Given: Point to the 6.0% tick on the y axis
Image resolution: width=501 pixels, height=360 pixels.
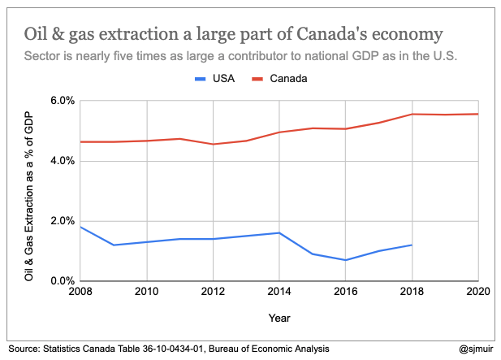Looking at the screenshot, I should point(62,101).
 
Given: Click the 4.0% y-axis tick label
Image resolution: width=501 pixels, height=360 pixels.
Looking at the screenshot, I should point(62,161).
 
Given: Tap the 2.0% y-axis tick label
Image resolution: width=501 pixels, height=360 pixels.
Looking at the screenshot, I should point(62,221).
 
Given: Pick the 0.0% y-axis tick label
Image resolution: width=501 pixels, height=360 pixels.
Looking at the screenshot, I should point(62,281).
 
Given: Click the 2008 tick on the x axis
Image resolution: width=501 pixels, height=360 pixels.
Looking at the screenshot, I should point(80,291).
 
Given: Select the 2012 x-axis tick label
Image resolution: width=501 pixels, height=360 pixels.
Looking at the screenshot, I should point(213,291).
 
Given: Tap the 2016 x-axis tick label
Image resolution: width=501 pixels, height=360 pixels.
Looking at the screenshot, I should point(345,291).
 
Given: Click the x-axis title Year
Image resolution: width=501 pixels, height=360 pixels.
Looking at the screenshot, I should point(279,318).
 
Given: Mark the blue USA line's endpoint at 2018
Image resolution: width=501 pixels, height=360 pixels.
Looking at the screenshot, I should point(412,245).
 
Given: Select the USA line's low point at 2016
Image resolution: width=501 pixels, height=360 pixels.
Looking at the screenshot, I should point(345,260).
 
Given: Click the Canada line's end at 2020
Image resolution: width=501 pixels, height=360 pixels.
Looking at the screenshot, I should point(477,114).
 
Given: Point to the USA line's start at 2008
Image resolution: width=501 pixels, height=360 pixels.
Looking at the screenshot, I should point(80,227).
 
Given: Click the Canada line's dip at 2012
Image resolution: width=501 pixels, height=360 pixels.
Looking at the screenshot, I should point(213,144).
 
